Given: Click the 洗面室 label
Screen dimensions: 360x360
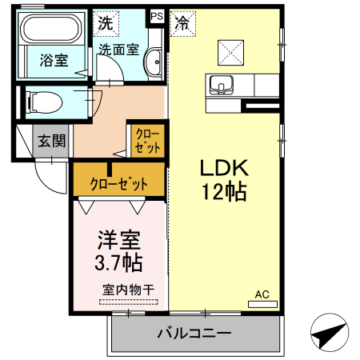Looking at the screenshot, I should [x=118, y=49].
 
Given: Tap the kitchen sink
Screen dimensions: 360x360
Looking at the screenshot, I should [x=220, y=83].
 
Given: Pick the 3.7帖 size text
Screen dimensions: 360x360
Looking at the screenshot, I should [x=120, y=262].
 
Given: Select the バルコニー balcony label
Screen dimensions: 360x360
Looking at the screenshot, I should [x=194, y=333].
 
